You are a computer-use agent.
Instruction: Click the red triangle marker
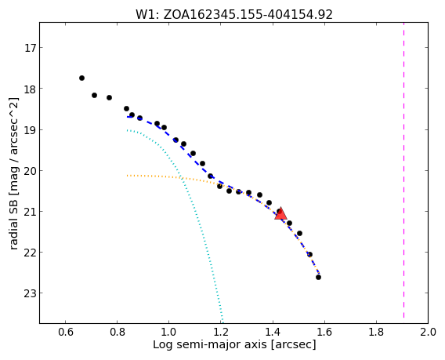pyautogui.click(x=280, y=213)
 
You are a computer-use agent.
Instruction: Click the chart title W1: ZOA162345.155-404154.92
pyautogui.click(x=233, y=14)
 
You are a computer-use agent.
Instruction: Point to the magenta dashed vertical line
pyautogui.click(x=403, y=170)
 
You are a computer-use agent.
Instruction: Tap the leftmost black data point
pyautogui.click(x=81, y=78)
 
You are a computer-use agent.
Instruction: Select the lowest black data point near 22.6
pyautogui.click(x=318, y=277)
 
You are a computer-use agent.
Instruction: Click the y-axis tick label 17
pyautogui.click(x=31, y=48)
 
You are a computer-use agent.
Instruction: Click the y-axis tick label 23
pyautogui.click(x=31, y=293)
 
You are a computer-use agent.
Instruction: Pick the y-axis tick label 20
pyautogui.click(x=31, y=171)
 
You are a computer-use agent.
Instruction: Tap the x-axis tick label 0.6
pyautogui.click(x=66, y=332)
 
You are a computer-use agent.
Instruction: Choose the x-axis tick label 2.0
pyautogui.click(x=428, y=332)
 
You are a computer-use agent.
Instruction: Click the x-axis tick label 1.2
pyautogui.click(x=221, y=332)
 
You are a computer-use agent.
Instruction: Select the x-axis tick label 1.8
pyautogui.click(x=376, y=332)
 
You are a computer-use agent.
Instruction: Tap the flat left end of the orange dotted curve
pyautogui.click(x=128, y=176)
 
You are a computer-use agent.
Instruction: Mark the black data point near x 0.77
pyautogui.click(x=109, y=97)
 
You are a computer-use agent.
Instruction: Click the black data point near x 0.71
pyautogui.click(x=94, y=95)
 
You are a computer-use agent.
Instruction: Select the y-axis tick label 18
pyautogui.click(x=31, y=89)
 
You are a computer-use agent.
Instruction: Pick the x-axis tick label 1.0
pyautogui.click(x=169, y=332)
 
